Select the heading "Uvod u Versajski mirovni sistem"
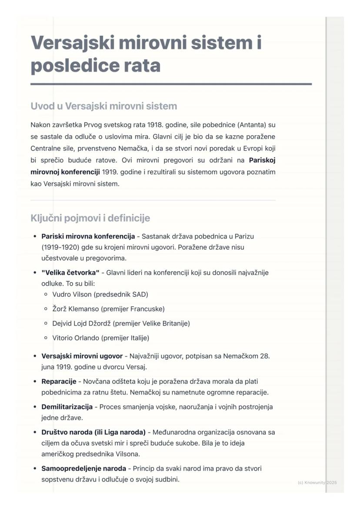pos(103,106)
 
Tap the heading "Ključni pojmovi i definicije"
pos(90,218)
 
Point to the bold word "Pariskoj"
pos(262,160)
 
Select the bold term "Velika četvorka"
pos(70,273)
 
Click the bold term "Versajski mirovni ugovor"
pos(82,356)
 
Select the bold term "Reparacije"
pos(59,382)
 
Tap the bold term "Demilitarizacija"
pos(67,407)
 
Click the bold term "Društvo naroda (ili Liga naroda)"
pos(93,432)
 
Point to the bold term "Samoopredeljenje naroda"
pos(83,469)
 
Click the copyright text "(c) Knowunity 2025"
pos(317,482)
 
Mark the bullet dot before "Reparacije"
pos(35,382)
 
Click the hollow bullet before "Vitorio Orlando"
pos(46,338)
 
